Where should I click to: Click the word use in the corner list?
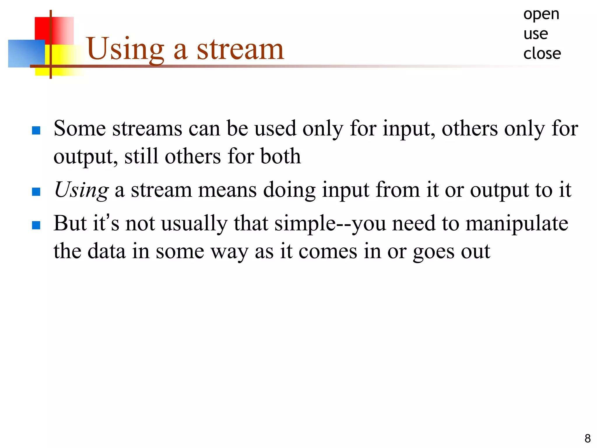pos(536,34)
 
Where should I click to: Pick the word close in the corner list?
pos(542,54)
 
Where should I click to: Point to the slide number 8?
pos(587,438)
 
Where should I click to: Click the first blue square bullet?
pos(36,130)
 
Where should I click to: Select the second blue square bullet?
pos(36,192)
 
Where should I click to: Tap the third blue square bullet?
pos(36,225)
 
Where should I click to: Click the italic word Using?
pos(81,190)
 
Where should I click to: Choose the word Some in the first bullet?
pos(80,128)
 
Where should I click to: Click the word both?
pos(280,156)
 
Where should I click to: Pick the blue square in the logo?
pos(26,53)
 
